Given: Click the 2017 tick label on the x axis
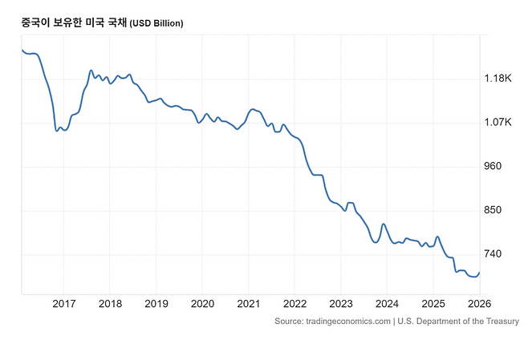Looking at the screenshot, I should click(63, 303).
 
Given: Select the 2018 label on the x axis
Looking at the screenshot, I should click(110, 303).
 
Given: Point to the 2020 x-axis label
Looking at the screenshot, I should click(202, 303).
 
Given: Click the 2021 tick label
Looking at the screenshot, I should click(249, 303).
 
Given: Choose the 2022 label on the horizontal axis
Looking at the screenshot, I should click(294, 303).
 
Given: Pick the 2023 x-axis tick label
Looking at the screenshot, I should click(341, 303).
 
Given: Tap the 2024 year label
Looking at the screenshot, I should click(387, 303).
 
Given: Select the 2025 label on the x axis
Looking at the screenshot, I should click(433, 303).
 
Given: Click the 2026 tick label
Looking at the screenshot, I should click(480, 303).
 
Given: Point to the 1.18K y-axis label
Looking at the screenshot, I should click(498, 79).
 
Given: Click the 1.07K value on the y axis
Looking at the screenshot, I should click(498, 123).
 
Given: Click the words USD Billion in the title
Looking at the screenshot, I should click(157, 24).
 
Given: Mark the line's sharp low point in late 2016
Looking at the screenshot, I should click(56, 131).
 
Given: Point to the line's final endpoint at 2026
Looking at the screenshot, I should click(480, 273).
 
